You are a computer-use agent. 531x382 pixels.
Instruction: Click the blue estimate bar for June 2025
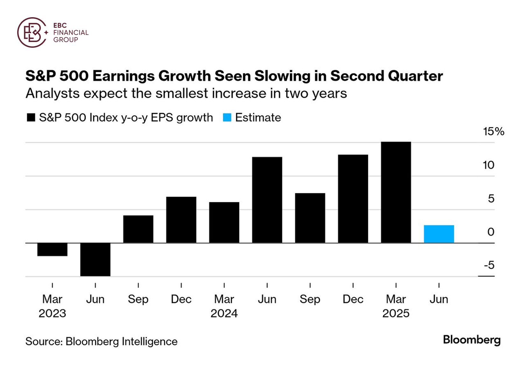[439, 234]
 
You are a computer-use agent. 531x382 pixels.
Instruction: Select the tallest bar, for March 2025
[396, 192]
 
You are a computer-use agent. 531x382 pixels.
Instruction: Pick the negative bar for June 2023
[95, 259]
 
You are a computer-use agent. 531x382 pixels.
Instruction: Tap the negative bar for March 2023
[52, 249]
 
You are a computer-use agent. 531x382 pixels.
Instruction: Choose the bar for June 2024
[267, 200]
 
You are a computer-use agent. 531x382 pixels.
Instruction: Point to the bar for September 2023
[138, 229]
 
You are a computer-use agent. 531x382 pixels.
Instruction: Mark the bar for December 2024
[353, 199]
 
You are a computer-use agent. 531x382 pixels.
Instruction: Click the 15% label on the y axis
[493, 131]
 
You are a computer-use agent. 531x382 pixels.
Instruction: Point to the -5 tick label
[489, 265]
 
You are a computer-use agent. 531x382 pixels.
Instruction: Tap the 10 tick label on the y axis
[488, 165]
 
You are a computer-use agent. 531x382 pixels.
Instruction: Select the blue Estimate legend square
[227, 117]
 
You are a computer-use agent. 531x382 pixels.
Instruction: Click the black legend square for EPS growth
[31, 117]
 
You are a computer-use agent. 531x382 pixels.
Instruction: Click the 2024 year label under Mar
[224, 313]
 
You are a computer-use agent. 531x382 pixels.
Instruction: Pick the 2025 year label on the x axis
[396, 313]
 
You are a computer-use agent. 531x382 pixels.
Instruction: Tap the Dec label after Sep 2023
[181, 299]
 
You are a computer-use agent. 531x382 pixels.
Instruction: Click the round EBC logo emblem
[32, 32]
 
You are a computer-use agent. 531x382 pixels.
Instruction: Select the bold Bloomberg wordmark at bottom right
[471, 340]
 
